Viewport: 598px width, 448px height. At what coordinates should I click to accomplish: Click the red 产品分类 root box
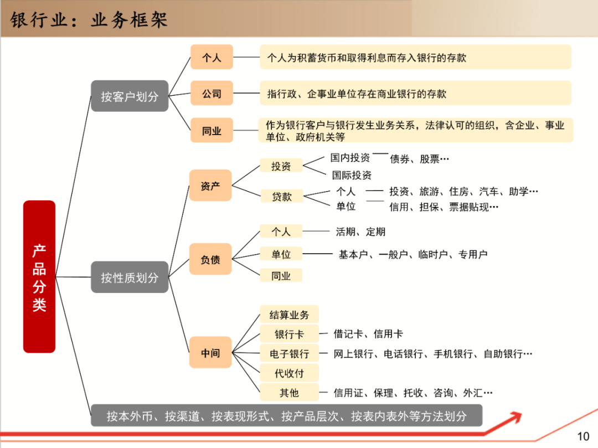pyautogui.click(x=39, y=276)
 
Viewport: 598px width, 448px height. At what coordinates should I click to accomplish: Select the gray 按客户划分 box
pyautogui.click(x=130, y=96)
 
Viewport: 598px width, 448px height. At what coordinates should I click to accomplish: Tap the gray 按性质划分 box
pyautogui.click(x=130, y=277)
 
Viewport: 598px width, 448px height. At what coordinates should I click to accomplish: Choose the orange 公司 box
pyautogui.click(x=212, y=94)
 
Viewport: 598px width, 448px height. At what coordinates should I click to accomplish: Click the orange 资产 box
pyautogui.click(x=210, y=186)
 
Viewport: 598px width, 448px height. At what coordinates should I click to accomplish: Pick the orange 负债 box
pyautogui.click(x=210, y=259)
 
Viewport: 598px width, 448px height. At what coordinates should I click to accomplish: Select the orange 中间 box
pyautogui.click(x=210, y=353)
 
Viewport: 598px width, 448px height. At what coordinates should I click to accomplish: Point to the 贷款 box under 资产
pyautogui.click(x=282, y=196)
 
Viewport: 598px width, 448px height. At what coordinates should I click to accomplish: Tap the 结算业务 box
pyautogui.click(x=289, y=315)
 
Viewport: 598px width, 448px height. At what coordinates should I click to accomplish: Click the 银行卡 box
pyautogui.click(x=289, y=334)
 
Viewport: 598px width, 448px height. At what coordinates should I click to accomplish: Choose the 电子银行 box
pyautogui.click(x=289, y=354)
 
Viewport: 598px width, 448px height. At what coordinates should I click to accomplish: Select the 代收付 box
pyautogui.click(x=289, y=373)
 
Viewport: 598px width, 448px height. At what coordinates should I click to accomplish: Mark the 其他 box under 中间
pyautogui.click(x=289, y=393)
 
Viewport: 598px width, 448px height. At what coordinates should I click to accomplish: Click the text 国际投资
pyautogui.click(x=352, y=176)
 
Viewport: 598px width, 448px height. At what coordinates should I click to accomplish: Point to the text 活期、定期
pyautogui.click(x=360, y=232)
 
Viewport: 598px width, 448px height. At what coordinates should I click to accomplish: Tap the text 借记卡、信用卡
pyautogui.click(x=368, y=334)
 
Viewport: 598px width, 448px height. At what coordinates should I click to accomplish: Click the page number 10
pyautogui.click(x=583, y=436)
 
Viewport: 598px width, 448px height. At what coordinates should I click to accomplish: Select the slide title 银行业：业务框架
pyautogui.click(x=89, y=20)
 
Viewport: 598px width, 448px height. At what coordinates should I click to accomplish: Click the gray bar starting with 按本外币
pyautogui.click(x=286, y=416)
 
